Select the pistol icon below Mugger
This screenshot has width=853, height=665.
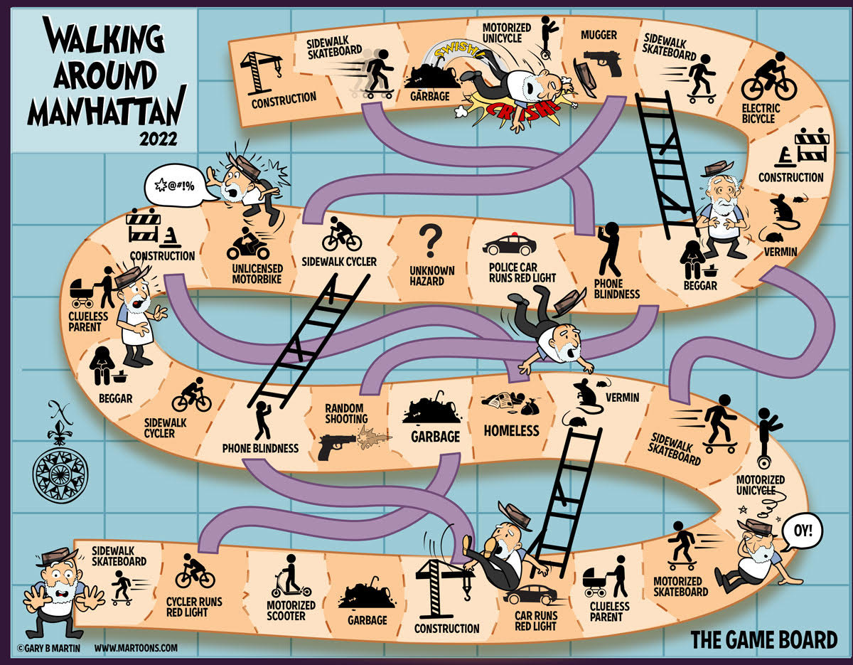(x=602, y=63)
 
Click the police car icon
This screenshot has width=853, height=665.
(x=510, y=245)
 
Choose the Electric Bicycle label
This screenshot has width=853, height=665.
(x=761, y=113)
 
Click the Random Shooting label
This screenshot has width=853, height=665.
(x=346, y=413)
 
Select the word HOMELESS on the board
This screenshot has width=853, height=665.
(x=511, y=430)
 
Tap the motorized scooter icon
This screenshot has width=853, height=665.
(x=291, y=575)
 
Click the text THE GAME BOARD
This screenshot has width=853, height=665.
(x=763, y=639)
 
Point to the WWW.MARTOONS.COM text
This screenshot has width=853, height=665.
(x=136, y=648)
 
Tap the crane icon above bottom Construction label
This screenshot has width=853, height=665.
(x=443, y=587)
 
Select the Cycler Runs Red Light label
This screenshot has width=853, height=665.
(x=194, y=607)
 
